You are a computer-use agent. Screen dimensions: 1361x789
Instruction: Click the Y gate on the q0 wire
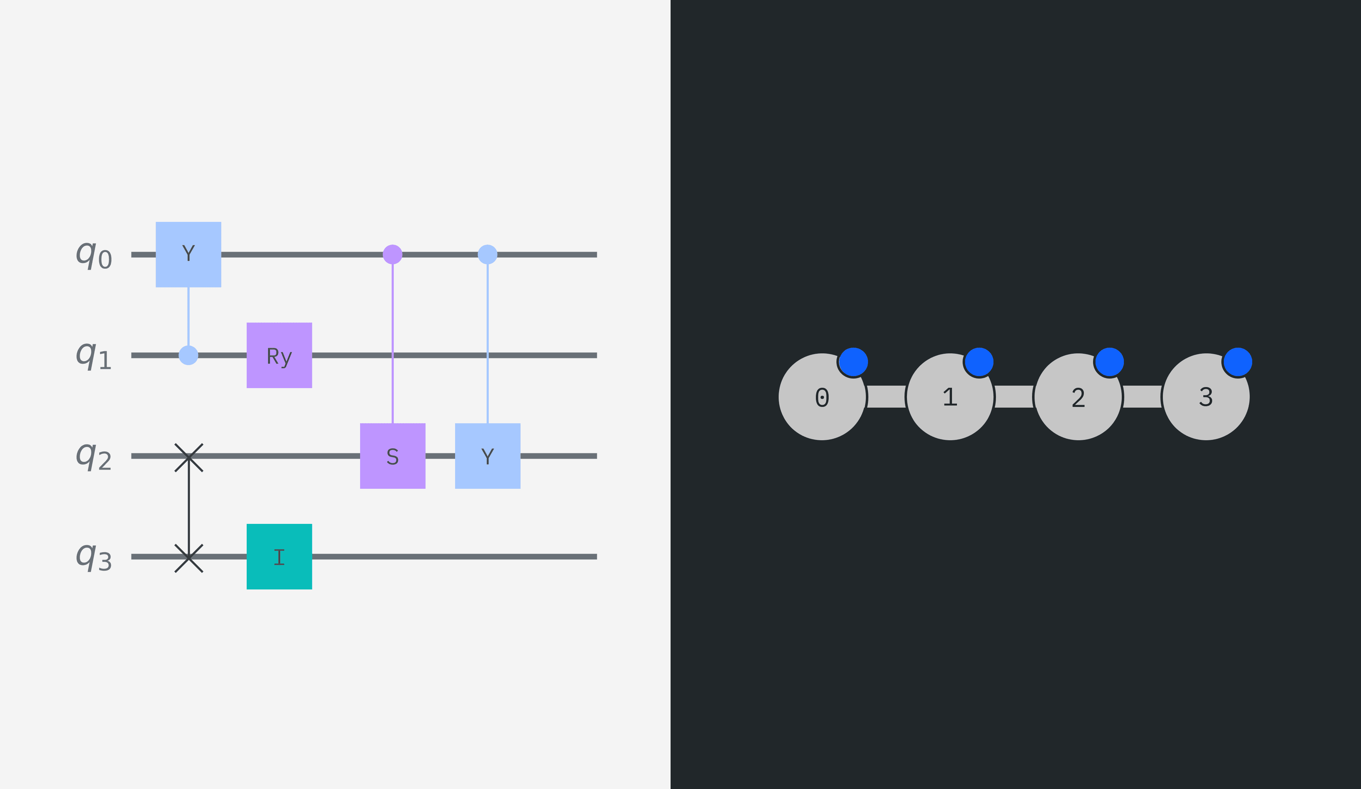coord(189,254)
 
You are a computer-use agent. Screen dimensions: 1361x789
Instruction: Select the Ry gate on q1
coord(279,356)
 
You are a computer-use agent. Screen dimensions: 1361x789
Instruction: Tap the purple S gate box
coord(393,456)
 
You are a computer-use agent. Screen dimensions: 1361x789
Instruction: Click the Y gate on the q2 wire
coord(488,456)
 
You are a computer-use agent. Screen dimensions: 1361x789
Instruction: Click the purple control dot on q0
coord(393,254)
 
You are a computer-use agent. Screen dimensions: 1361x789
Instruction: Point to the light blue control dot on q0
coord(488,254)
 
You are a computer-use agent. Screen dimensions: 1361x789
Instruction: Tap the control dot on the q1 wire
coord(189,356)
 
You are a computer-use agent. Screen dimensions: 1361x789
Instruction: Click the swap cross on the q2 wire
coord(189,458)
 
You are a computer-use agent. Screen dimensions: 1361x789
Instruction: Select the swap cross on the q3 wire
coord(189,558)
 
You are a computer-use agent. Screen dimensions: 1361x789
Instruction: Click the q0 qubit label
coord(94,254)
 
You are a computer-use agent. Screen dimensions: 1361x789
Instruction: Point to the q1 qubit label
coord(94,356)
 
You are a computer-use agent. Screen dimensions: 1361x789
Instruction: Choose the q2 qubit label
coord(94,456)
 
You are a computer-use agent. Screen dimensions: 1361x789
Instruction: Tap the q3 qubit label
coord(94,557)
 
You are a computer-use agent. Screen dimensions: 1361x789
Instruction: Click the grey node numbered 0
coord(822,397)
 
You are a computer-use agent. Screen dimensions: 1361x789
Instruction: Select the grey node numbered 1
coord(950,397)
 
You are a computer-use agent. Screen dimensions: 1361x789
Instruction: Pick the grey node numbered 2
coord(1078,397)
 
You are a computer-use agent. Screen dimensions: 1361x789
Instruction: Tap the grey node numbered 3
coord(1206,397)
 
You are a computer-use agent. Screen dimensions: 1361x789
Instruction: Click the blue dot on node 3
coord(1237,362)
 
